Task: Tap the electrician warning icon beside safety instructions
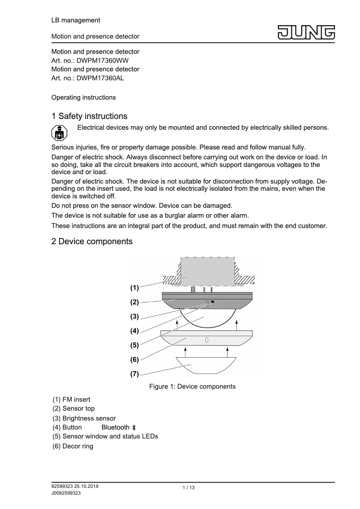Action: (x=57, y=132)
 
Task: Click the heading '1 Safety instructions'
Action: (x=89, y=117)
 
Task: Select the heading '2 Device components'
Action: (x=92, y=241)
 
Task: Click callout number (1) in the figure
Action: (x=134, y=287)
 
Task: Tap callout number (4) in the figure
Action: (x=134, y=331)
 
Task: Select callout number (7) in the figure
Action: (x=134, y=374)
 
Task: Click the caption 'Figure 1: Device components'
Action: (x=192, y=386)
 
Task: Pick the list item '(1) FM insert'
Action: (x=71, y=399)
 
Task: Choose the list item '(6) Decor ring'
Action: (x=73, y=446)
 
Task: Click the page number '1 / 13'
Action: (x=189, y=488)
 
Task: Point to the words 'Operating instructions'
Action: (x=83, y=97)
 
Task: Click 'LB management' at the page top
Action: (x=76, y=20)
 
